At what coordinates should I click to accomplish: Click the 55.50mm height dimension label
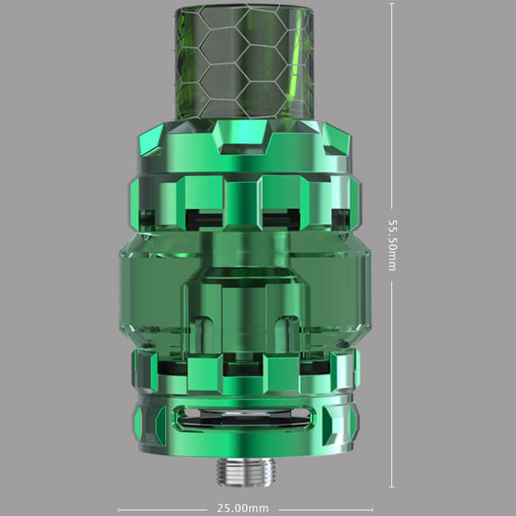[x=392, y=245]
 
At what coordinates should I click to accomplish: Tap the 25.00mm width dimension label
[x=243, y=508]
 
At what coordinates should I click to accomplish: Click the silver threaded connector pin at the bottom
[x=245, y=472]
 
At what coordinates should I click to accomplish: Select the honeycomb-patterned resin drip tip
[x=244, y=63]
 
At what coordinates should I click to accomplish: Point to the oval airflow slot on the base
[x=244, y=418]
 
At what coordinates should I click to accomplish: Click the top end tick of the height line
[x=391, y=4]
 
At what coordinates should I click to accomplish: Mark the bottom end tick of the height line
[x=391, y=487]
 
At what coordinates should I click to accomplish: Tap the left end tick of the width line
[x=118, y=510]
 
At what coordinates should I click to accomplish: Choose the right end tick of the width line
[x=372, y=510]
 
